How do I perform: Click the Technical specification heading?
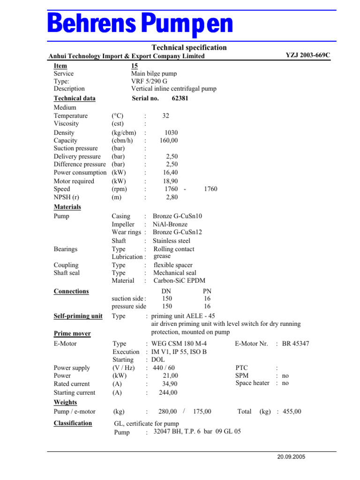[189, 47]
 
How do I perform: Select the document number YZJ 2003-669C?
[308, 55]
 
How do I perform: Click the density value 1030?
[171, 133]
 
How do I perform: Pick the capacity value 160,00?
[169, 141]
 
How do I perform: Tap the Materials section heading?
[67, 207]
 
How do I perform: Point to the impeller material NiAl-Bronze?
[171, 225]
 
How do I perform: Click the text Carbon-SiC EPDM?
[179, 281]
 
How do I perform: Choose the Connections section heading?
[71, 291]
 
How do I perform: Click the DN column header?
[166, 291]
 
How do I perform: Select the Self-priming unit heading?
[78, 316]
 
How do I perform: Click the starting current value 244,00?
[168, 393]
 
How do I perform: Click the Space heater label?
[252, 383]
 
